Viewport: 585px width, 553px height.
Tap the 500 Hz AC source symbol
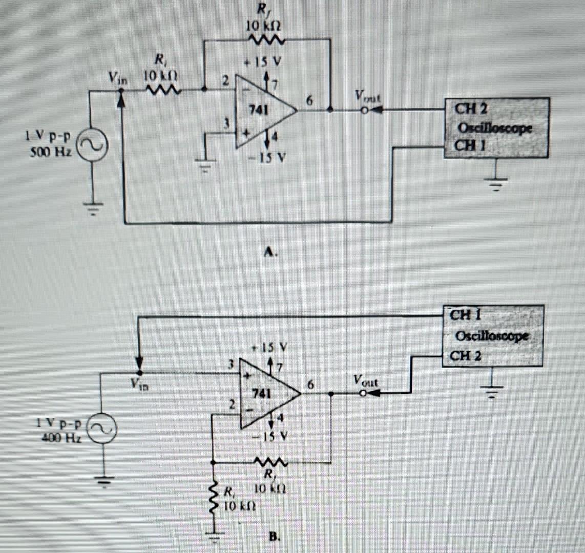coord(92,145)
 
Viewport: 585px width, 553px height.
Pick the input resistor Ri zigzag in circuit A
coord(163,91)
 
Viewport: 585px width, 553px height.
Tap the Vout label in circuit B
coord(365,380)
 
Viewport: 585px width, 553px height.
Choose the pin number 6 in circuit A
coord(308,101)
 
